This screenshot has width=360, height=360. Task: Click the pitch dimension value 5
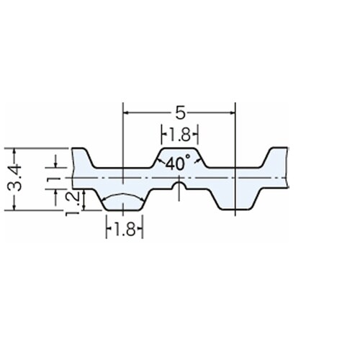click(181, 112)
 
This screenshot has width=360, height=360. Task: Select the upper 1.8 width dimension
click(180, 135)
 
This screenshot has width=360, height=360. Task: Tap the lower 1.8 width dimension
click(125, 229)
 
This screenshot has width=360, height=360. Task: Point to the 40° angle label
click(178, 163)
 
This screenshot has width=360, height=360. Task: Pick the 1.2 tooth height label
click(71, 204)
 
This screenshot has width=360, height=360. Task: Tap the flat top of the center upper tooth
click(179, 148)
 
